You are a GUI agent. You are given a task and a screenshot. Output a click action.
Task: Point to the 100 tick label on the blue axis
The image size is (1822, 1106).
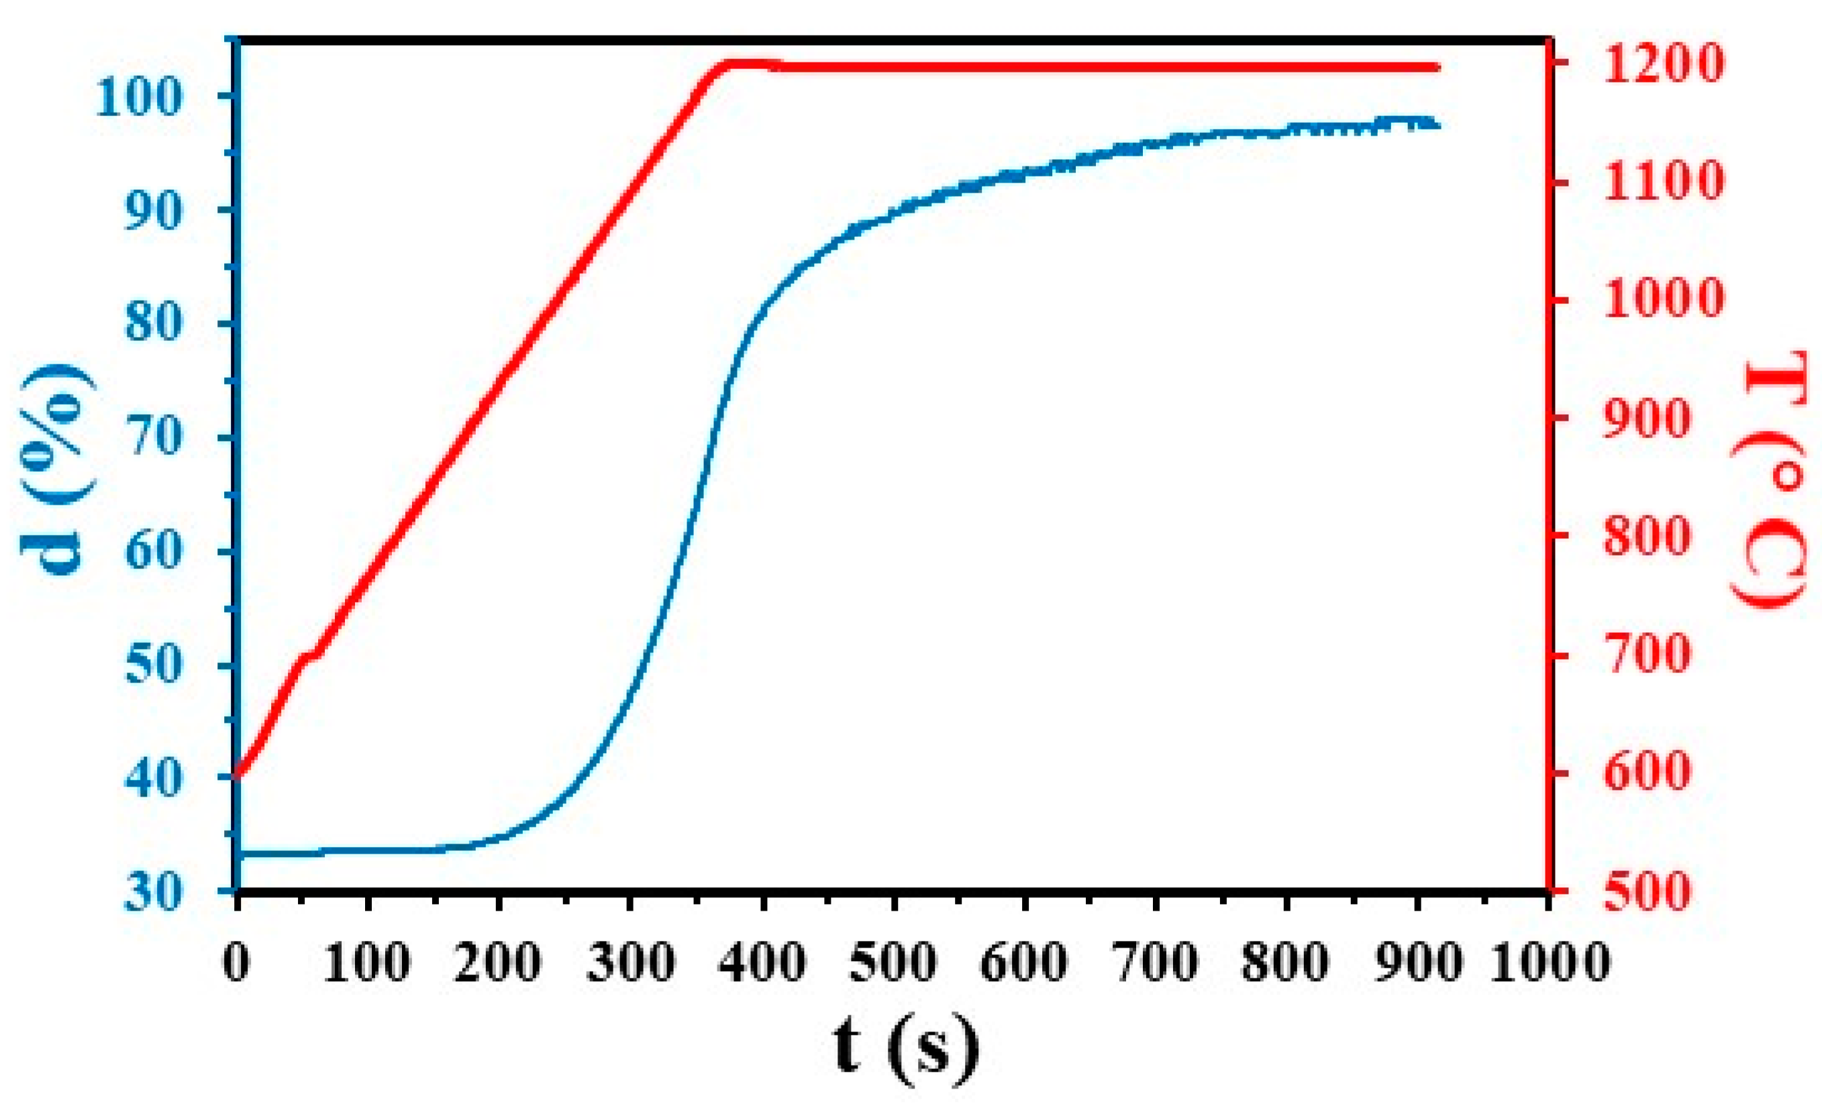pyautogui.click(x=138, y=97)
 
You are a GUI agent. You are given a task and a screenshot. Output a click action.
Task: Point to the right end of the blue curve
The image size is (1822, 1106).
pyautogui.click(x=1437, y=124)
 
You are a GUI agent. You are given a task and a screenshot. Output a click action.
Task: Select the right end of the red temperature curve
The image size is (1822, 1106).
pyautogui.click(x=1437, y=67)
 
